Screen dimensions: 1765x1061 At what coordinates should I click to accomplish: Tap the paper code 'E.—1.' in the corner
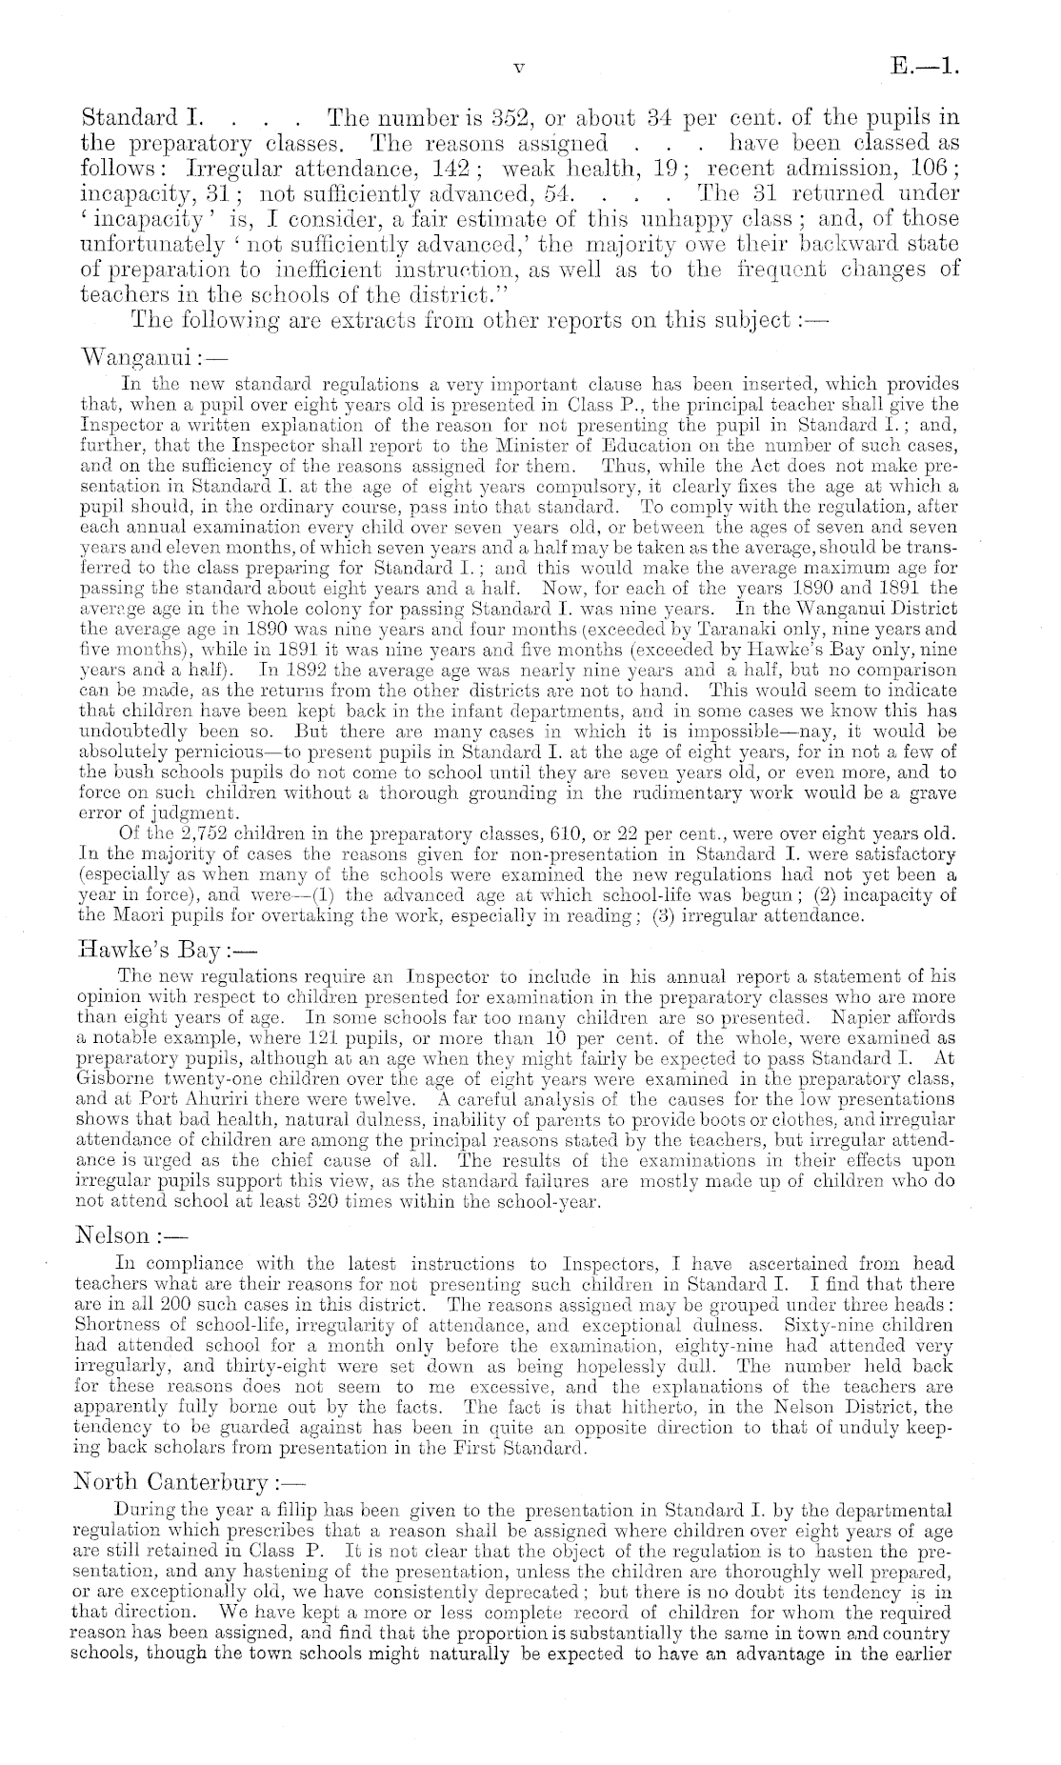(x=924, y=67)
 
